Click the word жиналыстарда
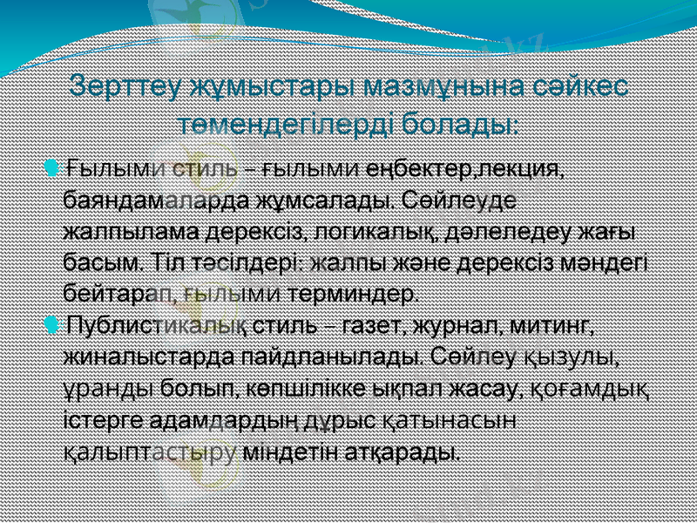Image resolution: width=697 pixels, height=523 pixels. pos(152,358)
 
